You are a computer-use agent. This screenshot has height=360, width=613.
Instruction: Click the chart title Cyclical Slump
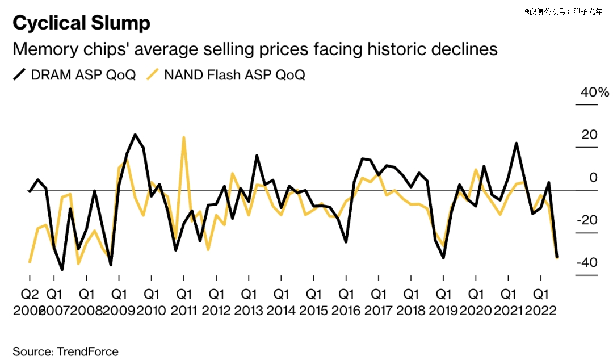click(x=81, y=23)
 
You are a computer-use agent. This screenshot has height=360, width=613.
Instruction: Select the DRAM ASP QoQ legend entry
click(x=74, y=75)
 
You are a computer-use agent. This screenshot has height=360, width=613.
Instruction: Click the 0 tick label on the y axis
click(x=594, y=178)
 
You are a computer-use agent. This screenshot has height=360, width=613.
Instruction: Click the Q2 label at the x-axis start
click(x=30, y=295)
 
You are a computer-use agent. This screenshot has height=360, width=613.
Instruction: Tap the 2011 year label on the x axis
click(x=184, y=311)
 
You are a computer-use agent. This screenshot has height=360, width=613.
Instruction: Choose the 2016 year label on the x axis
click(x=346, y=311)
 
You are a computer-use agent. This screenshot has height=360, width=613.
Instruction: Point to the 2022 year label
click(x=541, y=311)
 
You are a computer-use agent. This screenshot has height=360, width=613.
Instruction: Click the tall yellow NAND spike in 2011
click(x=184, y=137)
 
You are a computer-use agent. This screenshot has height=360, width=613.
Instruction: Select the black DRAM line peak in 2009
click(x=135, y=135)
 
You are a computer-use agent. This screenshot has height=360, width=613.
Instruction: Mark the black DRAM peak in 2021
click(x=517, y=143)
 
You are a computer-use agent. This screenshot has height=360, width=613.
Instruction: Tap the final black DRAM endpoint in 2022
click(x=557, y=257)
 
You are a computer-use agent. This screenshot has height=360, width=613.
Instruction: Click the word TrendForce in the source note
click(x=87, y=351)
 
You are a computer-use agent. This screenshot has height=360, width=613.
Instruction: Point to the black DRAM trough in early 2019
click(x=443, y=258)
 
